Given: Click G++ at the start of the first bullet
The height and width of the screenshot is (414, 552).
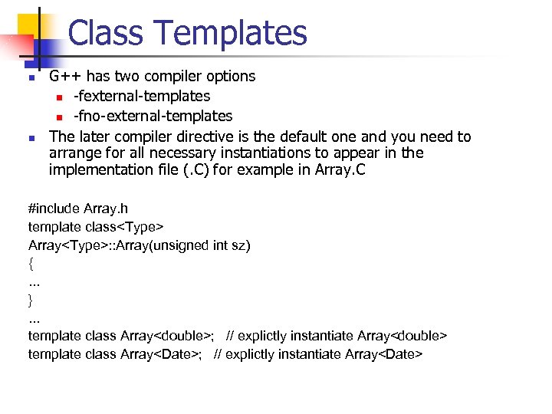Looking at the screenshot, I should click(x=66, y=76).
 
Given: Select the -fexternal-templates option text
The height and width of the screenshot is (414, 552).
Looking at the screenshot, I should click(x=141, y=96).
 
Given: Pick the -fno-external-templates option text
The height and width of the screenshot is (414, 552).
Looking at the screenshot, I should click(x=153, y=116).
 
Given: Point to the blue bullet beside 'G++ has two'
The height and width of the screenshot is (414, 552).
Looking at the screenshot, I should click(x=31, y=77).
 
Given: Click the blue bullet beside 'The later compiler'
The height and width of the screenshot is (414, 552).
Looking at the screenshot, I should click(x=31, y=138).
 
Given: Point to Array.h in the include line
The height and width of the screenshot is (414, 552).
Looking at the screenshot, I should click(x=113, y=208).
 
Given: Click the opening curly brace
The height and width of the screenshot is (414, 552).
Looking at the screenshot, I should click(x=31, y=263).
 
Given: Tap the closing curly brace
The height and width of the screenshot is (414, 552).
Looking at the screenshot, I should click(x=31, y=299).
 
